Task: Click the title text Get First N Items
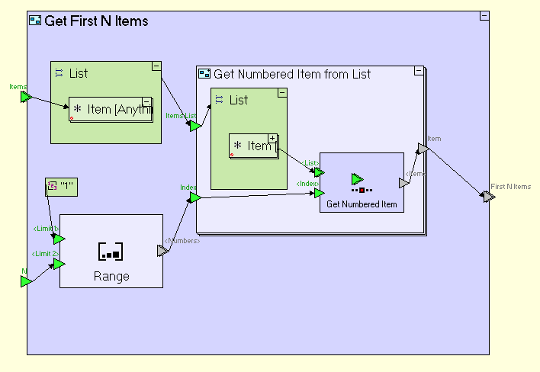pyautogui.click(x=96, y=21)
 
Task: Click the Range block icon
pyautogui.click(x=111, y=251)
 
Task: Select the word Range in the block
pyautogui.click(x=111, y=276)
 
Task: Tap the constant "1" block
pyautogui.click(x=61, y=186)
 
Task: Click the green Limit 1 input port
pyautogui.click(x=59, y=239)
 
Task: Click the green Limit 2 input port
pyautogui.click(x=59, y=264)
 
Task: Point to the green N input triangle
pyautogui.click(x=25, y=281)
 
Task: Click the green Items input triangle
pyautogui.click(x=25, y=97)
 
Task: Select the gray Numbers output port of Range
pyautogui.click(x=162, y=250)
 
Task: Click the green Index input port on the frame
pyautogui.click(x=194, y=197)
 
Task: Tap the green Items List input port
pyautogui.click(x=194, y=126)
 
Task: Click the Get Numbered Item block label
pyautogui.click(x=362, y=204)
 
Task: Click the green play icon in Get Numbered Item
pyautogui.click(x=357, y=179)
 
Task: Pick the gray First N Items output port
pyautogui.click(x=488, y=197)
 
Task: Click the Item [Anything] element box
pyautogui.click(x=109, y=109)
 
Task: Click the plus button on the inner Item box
pyautogui.click(x=272, y=138)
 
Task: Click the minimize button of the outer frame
pyautogui.click(x=484, y=16)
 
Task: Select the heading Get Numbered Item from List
pyautogui.click(x=292, y=74)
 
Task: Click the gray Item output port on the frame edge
pyautogui.click(x=422, y=149)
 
